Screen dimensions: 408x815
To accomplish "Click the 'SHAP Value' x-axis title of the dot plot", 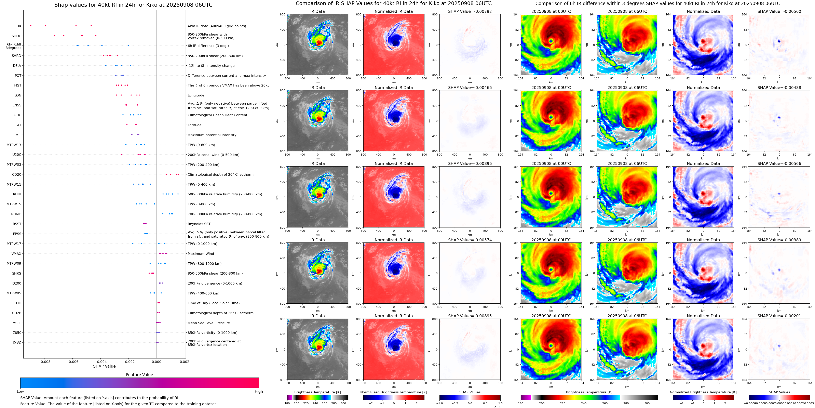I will click(104, 366).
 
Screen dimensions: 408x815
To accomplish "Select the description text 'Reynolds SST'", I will click(199, 224).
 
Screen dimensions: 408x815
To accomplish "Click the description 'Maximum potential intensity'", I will click(212, 135).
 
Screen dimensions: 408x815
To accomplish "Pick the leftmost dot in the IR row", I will click(31, 26).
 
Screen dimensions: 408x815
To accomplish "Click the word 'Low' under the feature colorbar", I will click(20, 392).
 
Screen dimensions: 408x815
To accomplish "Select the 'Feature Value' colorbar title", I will click(139, 375).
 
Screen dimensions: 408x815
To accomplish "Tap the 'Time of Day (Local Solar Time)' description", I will click(213, 303).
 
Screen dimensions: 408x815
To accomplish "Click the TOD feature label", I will click(17, 303).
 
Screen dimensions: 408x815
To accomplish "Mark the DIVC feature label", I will click(17, 342).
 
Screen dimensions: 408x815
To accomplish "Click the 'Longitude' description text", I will click(196, 95).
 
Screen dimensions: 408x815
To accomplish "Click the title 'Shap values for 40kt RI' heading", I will click(133, 5).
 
